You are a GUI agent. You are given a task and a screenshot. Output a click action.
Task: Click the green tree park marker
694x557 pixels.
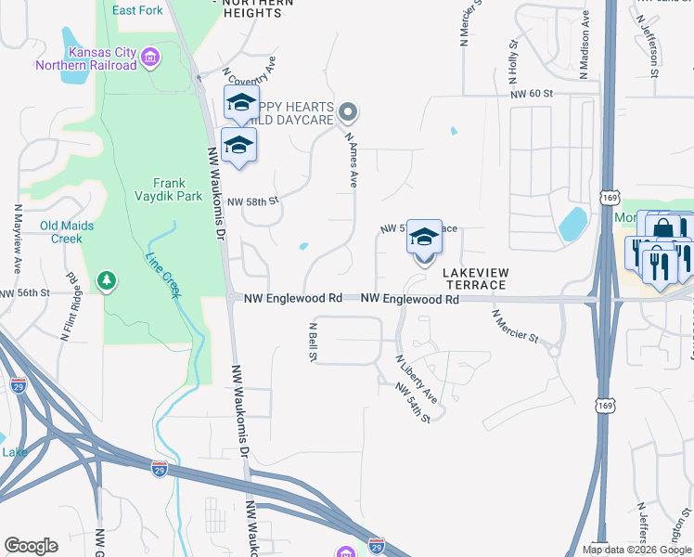coord(108,279)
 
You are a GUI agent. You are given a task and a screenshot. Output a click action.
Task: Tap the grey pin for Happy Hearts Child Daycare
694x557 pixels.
coord(348,113)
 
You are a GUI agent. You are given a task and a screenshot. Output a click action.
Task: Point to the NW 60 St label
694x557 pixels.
coord(531,94)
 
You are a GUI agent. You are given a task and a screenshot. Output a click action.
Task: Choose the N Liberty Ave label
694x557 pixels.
coord(417,378)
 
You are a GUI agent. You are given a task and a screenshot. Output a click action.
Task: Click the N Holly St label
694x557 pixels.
coord(512,57)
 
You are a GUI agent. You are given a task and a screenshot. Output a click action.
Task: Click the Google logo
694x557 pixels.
coord(31,546)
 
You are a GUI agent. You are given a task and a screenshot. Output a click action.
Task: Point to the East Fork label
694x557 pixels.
coord(137,10)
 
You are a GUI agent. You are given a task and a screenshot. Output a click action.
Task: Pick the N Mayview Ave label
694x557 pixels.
coord(18,240)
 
